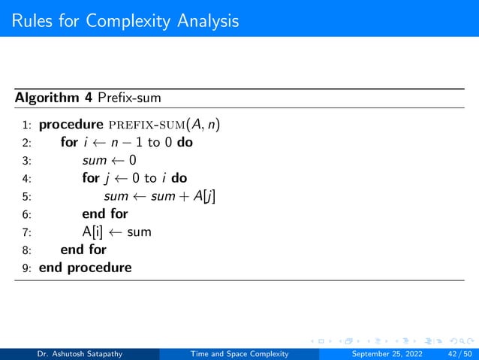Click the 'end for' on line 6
[104, 214]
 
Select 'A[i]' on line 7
[93, 232]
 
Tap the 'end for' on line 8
[83, 250]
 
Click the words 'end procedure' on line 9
[85, 268]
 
